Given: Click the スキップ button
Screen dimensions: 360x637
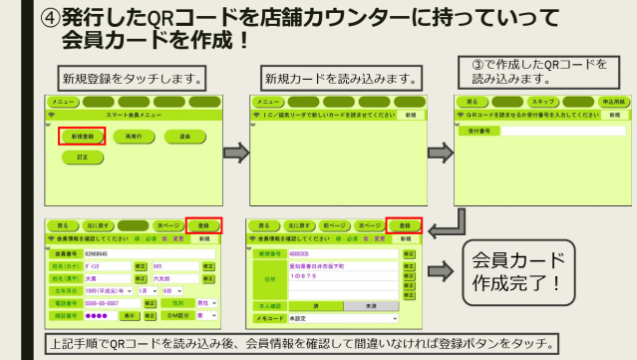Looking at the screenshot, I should (x=543, y=102).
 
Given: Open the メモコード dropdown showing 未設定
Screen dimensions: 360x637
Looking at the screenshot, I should (x=340, y=319).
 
